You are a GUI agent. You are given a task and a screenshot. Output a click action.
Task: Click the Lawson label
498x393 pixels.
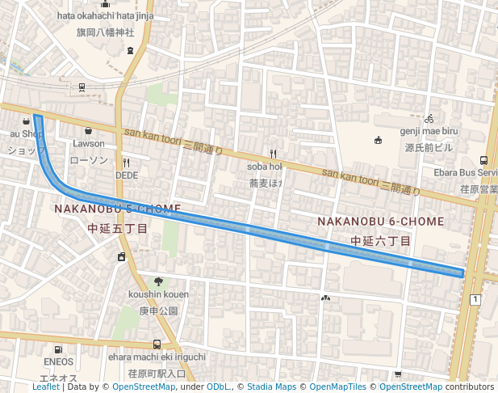(89, 144)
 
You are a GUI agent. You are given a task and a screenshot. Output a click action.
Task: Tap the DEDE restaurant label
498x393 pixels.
(127, 175)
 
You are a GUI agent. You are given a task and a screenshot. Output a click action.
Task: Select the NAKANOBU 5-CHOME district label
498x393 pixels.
(118, 209)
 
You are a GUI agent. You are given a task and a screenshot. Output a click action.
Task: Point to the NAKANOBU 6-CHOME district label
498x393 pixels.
(381, 221)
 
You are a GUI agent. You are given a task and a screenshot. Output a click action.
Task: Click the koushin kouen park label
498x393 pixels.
(158, 294)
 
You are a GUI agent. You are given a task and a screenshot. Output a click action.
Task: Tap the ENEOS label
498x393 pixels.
(59, 361)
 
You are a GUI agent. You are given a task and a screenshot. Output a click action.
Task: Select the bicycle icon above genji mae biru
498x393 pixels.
(429, 118)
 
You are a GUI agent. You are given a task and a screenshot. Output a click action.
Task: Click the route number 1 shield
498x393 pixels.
(475, 300)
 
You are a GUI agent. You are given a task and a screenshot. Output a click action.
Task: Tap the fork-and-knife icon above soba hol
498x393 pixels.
(274, 153)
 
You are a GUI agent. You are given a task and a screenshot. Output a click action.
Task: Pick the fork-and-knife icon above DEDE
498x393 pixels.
(127, 162)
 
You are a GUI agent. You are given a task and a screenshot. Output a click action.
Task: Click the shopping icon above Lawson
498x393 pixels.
(88, 130)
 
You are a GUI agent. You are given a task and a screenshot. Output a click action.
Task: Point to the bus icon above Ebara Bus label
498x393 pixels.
(483, 160)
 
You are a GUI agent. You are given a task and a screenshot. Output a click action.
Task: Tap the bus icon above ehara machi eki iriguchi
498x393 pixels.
(157, 344)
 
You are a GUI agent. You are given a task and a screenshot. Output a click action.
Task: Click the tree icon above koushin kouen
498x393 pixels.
(158, 281)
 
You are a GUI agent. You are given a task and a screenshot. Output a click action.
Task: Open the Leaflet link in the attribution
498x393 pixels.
(46, 387)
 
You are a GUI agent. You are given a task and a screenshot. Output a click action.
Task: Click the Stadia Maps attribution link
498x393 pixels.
(270, 387)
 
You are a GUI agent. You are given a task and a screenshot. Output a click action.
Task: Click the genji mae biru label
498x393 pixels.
(429, 131)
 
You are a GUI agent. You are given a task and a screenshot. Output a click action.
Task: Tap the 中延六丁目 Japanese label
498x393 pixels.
(381, 241)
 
